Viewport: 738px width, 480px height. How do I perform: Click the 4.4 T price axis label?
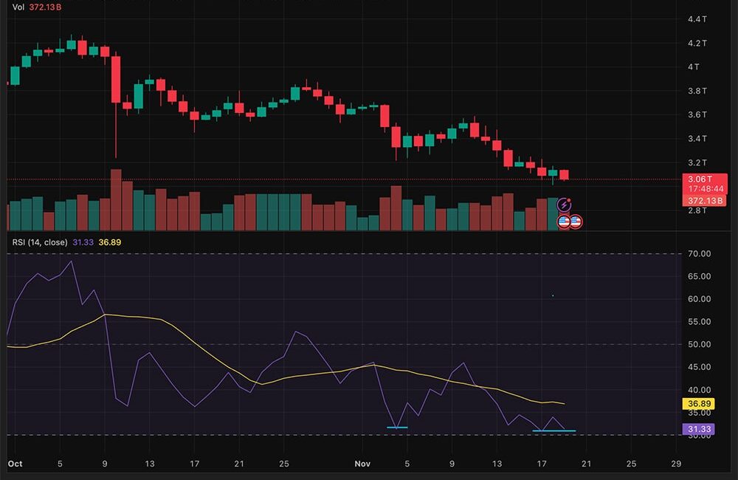pos(697,18)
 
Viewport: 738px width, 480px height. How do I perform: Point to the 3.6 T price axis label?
pos(697,114)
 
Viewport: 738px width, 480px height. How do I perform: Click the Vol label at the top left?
pos(18,7)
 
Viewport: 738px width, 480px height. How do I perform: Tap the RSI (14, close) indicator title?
pos(40,242)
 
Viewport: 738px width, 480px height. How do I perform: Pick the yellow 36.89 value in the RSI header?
pos(109,242)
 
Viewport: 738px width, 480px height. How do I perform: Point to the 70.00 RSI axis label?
pos(697,254)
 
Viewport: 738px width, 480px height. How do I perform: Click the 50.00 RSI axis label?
pos(697,344)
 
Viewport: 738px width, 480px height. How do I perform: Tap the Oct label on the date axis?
pos(15,464)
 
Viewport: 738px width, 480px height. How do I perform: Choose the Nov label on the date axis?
pos(362,464)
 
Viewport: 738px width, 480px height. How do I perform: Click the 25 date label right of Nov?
pos(630,464)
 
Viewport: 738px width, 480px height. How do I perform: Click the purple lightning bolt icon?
pos(565,205)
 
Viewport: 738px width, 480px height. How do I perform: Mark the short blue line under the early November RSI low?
pos(397,428)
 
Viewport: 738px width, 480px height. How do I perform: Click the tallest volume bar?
pos(116,200)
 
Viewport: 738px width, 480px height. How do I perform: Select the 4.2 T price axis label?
pos(697,43)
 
